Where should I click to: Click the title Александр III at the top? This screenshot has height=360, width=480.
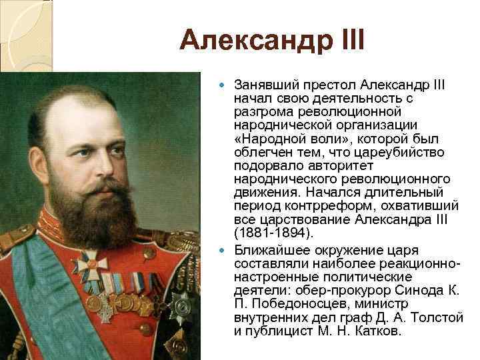tap(272, 43)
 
